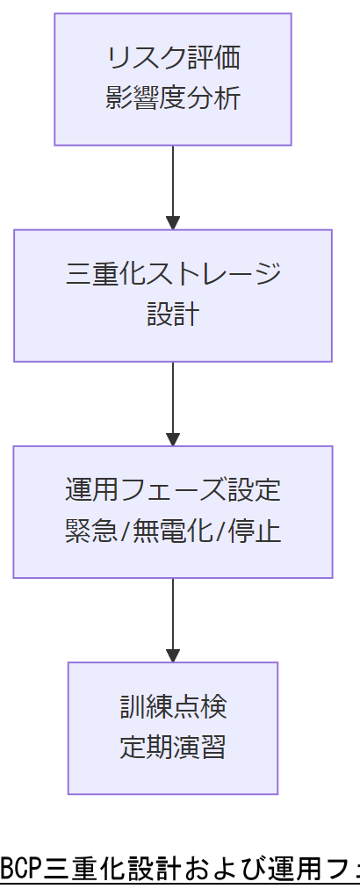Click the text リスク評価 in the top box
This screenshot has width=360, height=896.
173,59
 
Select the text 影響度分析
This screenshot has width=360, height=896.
173,98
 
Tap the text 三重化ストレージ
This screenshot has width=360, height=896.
173,275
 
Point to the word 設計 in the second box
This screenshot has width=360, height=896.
173,314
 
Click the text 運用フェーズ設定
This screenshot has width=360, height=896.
173,491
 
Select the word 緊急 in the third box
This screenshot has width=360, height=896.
87,531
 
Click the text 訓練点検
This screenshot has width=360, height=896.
173,707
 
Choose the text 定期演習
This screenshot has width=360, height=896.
173,747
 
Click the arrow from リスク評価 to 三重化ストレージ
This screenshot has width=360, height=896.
173,184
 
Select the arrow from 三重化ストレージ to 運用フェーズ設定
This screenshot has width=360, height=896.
173,401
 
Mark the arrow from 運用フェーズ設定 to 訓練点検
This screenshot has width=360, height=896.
173,617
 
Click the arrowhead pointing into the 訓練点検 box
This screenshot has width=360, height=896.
173,655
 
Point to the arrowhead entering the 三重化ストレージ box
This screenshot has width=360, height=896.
173,223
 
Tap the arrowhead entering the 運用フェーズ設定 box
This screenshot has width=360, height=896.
173,439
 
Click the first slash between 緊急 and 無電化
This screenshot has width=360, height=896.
119,531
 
